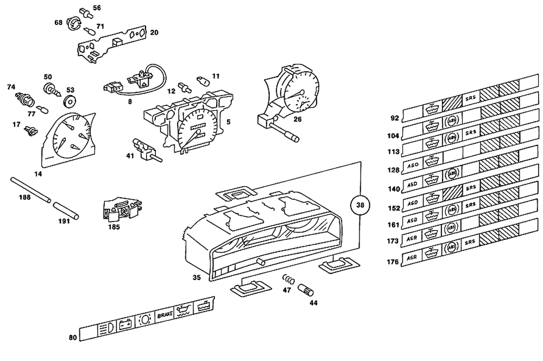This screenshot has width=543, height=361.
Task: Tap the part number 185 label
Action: click(114, 227)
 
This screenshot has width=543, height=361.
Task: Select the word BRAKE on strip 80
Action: click(165, 315)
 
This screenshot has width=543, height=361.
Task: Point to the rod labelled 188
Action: click(30, 188)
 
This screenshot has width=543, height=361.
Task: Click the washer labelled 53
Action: click(69, 101)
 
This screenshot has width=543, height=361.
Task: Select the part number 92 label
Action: click(394, 118)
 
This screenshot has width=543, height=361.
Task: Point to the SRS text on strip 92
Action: click(470, 98)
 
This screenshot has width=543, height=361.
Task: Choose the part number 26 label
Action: click(297, 119)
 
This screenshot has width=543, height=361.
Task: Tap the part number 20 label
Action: click(154, 33)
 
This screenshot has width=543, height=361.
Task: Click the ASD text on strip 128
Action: click(411, 165)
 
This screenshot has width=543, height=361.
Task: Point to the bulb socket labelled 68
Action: click(73, 23)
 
